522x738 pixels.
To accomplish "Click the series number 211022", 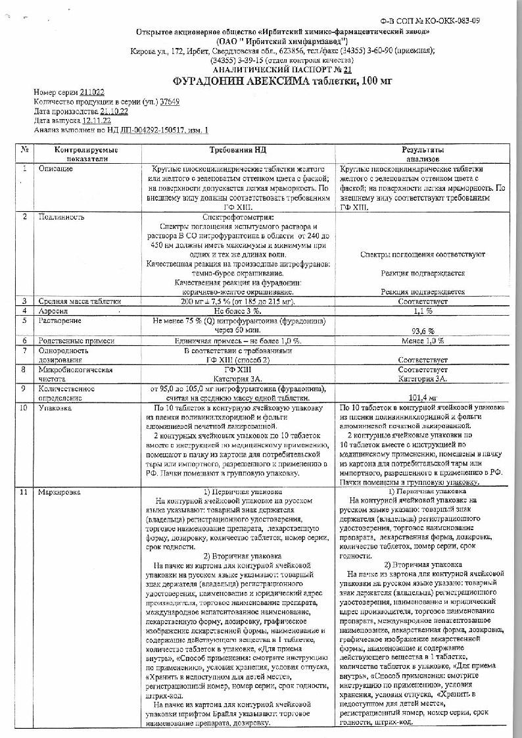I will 93,93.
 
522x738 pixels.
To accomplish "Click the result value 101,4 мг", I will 423,397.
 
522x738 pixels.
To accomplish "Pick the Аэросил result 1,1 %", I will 423,310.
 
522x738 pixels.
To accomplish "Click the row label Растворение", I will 60,320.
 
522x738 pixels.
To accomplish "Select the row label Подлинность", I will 62,216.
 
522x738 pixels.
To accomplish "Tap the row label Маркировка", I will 60,491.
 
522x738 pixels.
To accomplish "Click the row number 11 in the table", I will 24,491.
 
